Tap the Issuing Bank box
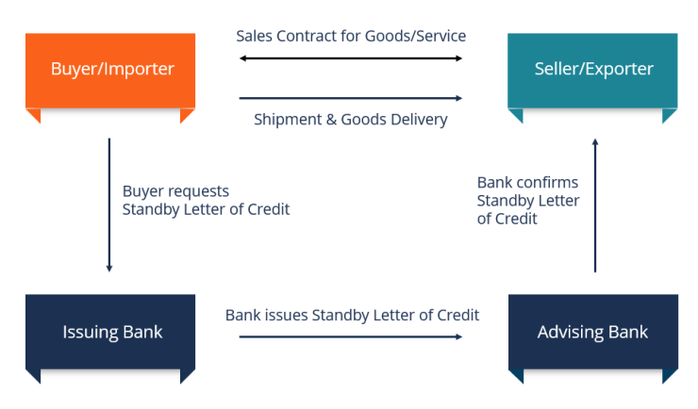pyautogui.click(x=111, y=332)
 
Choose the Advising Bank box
pyautogui.click(x=592, y=332)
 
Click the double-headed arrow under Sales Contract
pyautogui.click(x=351, y=58)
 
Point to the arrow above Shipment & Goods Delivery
pyautogui.click(x=351, y=97)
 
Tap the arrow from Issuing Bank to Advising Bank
pyautogui.click(x=351, y=335)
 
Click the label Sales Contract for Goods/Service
pyautogui.click(x=351, y=36)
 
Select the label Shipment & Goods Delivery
pyautogui.click(x=351, y=120)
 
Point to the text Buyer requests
pyautogui.click(x=175, y=191)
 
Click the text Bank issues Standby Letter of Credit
pyautogui.click(x=352, y=315)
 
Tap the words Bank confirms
pyautogui.click(x=527, y=182)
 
